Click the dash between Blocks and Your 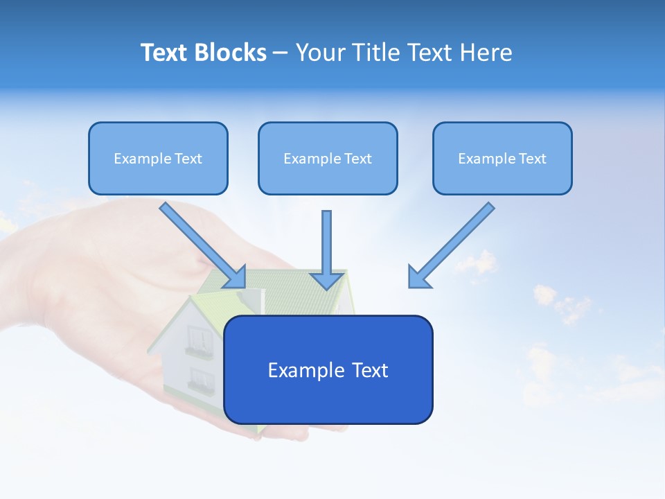[x=281, y=53]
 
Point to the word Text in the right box [x=532, y=159]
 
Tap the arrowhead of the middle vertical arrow [x=327, y=280]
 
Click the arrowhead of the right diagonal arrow [x=418, y=277]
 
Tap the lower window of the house [x=201, y=379]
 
